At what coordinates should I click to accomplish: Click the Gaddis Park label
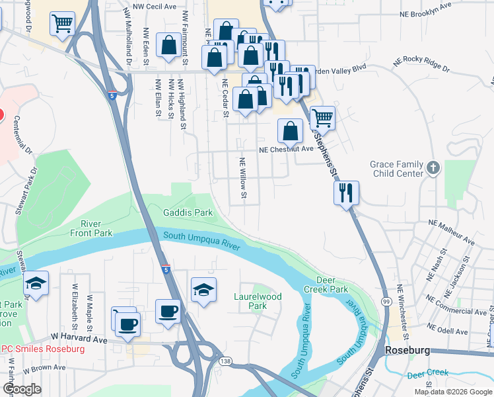(x=188, y=213)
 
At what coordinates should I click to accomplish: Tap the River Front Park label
(x=96, y=228)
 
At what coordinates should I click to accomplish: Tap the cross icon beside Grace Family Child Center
(x=433, y=167)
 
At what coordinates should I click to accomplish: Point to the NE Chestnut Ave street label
(x=286, y=150)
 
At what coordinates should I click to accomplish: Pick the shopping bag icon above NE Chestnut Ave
(x=290, y=131)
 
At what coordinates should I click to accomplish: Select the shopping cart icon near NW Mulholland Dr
(x=63, y=24)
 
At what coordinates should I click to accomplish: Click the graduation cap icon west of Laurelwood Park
(x=203, y=289)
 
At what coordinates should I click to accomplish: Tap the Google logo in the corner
(x=22, y=389)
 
